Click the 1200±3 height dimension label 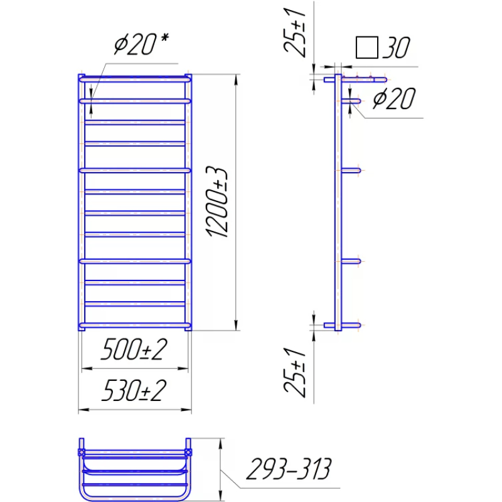[217, 202]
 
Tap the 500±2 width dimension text [134, 350]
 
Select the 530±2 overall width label [134, 390]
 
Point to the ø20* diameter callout [141, 44]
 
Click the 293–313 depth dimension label [289, 469]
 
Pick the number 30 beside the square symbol [396, 48]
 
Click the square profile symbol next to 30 [367, 48]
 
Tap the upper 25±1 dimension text [295, 33]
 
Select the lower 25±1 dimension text [295, 372]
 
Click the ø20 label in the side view [394, 99]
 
